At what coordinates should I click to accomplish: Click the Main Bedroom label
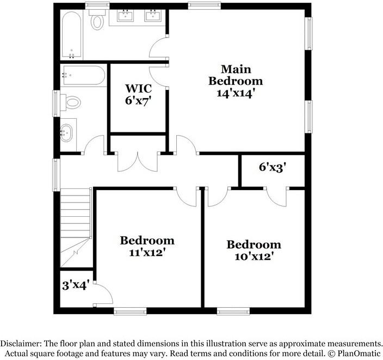236,75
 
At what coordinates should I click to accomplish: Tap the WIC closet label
139,88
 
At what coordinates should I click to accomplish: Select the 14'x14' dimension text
236,94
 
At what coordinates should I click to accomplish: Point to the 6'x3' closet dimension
272,168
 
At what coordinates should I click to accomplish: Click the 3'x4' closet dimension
75,285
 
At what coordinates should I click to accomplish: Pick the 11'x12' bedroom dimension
147,253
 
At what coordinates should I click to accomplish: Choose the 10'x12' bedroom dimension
254,257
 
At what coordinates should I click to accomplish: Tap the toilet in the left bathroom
71,102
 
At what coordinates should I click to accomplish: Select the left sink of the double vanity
126,15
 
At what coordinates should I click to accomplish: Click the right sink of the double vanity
153,15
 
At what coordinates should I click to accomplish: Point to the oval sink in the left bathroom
66,133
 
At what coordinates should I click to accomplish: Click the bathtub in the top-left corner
71,35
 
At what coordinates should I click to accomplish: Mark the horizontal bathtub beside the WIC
83,75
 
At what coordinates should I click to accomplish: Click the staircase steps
76,228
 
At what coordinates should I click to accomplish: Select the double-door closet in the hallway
138,162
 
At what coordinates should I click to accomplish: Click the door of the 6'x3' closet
276,197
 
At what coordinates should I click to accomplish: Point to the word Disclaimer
21,343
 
